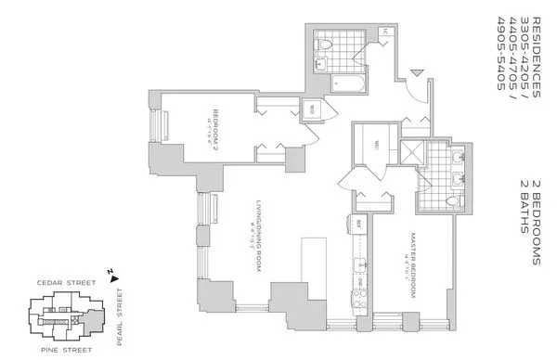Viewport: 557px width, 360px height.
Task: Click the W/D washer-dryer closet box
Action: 312,110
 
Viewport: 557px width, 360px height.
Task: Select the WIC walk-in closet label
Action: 368,144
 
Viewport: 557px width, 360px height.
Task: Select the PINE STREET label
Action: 63,351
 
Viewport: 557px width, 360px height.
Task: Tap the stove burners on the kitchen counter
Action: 356,297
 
